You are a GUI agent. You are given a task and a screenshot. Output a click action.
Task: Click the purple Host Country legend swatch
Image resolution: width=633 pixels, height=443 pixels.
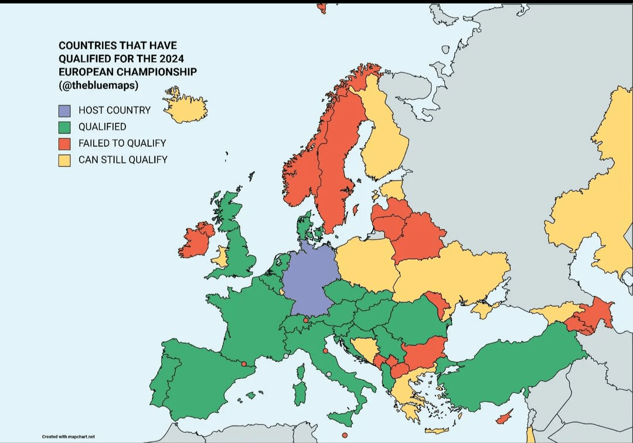(64, 110)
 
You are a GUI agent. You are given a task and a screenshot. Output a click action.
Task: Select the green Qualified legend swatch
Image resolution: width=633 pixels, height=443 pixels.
(64, 126)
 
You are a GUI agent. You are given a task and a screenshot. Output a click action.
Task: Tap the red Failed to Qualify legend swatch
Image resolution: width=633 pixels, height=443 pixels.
(64, 143)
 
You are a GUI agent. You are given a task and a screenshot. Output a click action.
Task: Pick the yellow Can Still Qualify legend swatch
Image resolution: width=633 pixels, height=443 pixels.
(64, 159)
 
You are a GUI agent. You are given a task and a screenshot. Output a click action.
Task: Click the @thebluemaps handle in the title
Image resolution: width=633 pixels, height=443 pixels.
(98, 84)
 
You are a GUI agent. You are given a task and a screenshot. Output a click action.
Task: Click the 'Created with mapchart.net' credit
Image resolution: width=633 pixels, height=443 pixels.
(68, 437)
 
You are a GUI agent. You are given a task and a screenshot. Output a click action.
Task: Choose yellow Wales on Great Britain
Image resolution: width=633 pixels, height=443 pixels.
(222, 256)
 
